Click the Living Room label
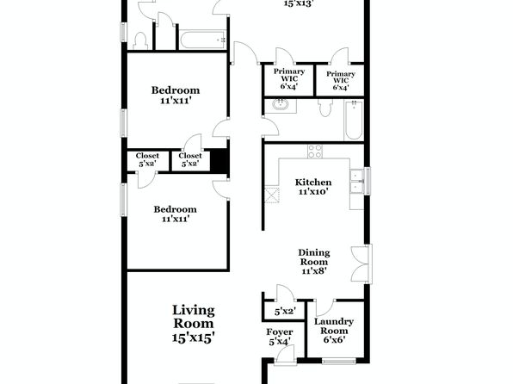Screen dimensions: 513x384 click(194, 324)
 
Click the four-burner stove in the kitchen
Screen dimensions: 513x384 click(315, 152)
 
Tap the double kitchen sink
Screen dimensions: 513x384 click(357, 181)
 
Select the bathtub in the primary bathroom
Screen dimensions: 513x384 click(354, 121)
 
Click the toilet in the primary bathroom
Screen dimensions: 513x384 click(324, 107)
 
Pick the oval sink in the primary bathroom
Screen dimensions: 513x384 click(281, 105)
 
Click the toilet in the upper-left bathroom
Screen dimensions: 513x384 click(141, 40)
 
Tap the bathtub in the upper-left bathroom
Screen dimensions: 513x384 click(202, 40)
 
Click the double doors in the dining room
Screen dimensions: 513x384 click(362, 264)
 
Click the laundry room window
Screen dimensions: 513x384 click(338, 361)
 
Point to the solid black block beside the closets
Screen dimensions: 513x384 click(219, 160)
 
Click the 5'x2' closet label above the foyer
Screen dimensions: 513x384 click(285, 312)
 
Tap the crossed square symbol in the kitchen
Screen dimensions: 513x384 click(271, 195)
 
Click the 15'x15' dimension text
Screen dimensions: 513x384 click(194, 338)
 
